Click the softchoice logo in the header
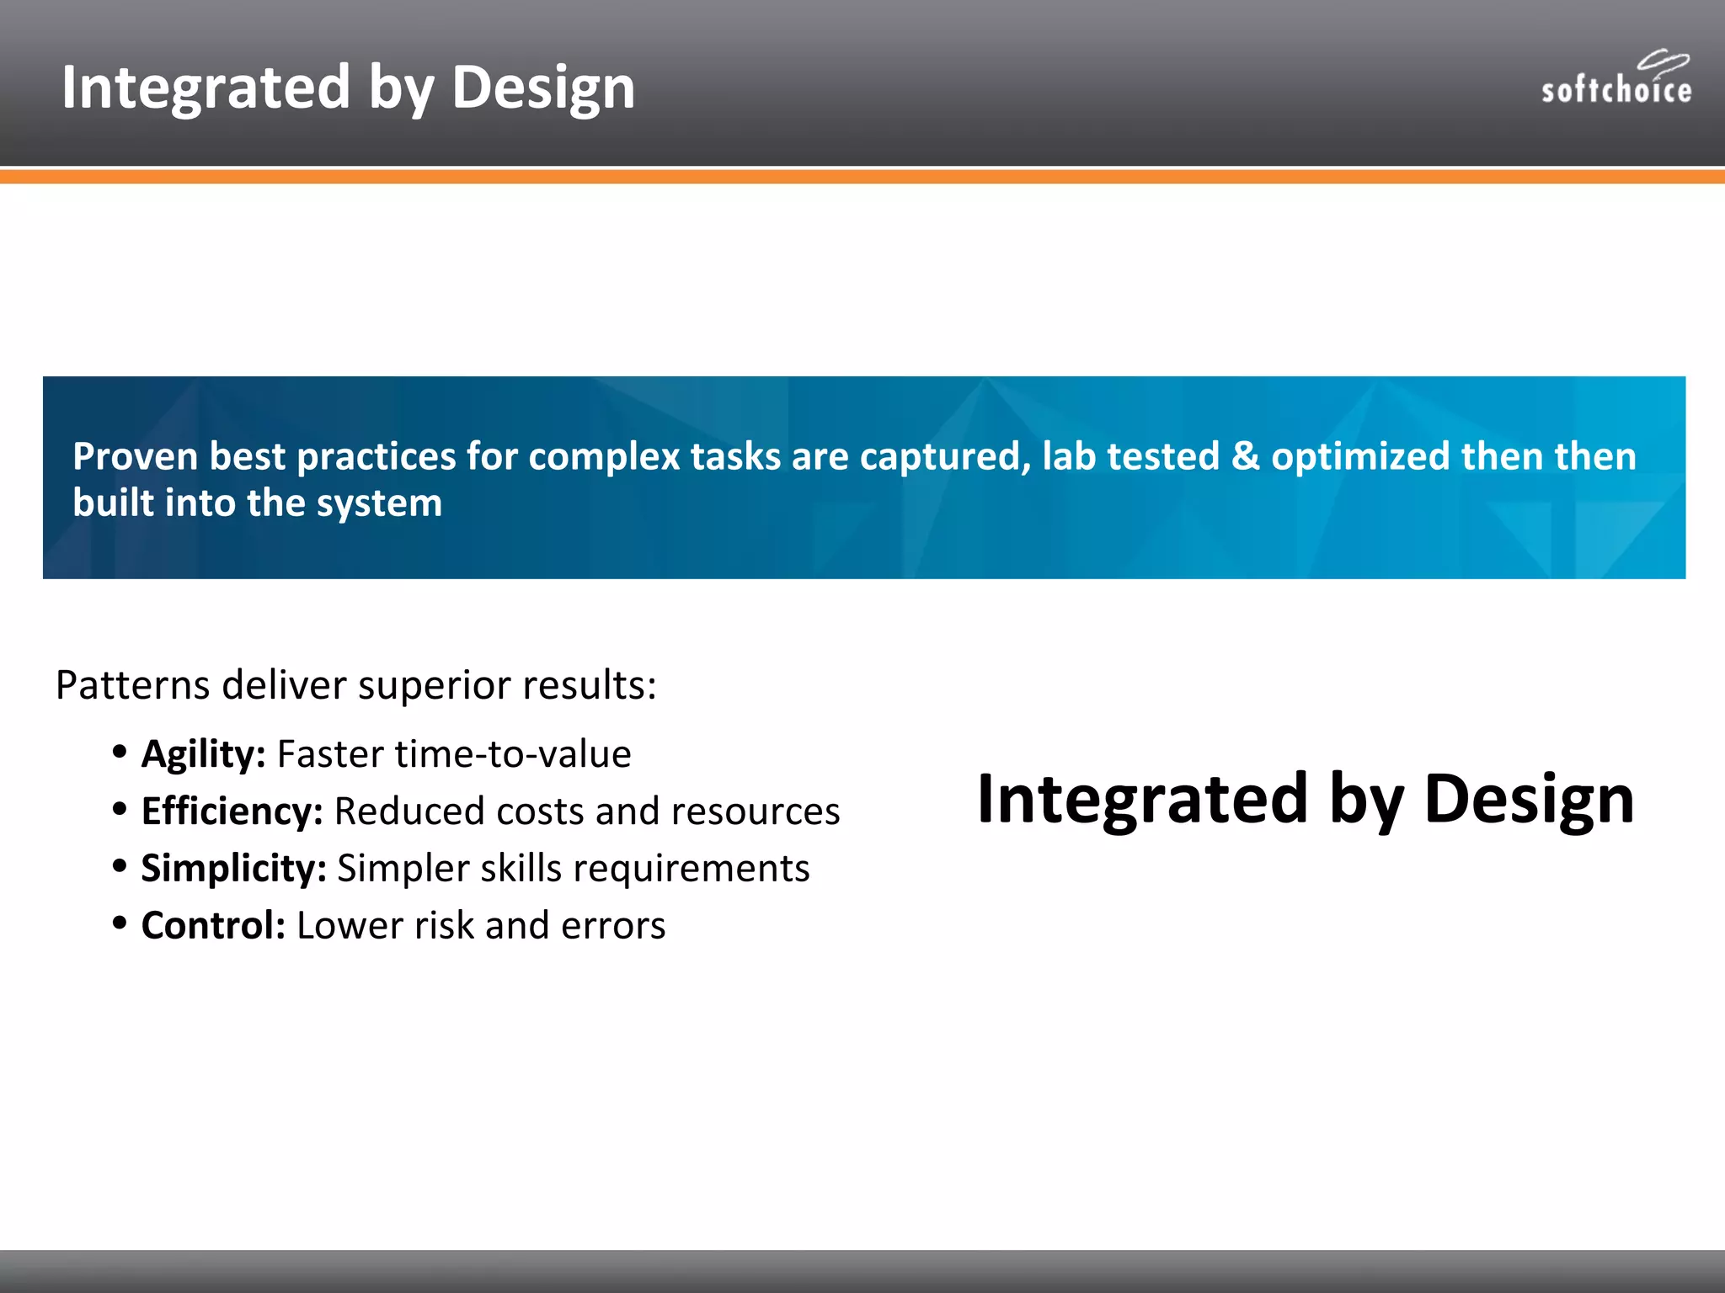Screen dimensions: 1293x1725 1616,80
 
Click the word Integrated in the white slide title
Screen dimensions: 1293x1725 205,88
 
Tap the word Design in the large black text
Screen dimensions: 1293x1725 1529,799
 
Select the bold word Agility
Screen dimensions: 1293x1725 203,754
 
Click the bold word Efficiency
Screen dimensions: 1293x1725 232,811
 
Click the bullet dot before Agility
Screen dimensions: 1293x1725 120,750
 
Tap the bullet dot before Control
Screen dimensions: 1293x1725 120,923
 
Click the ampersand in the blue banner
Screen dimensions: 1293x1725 1245,456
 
